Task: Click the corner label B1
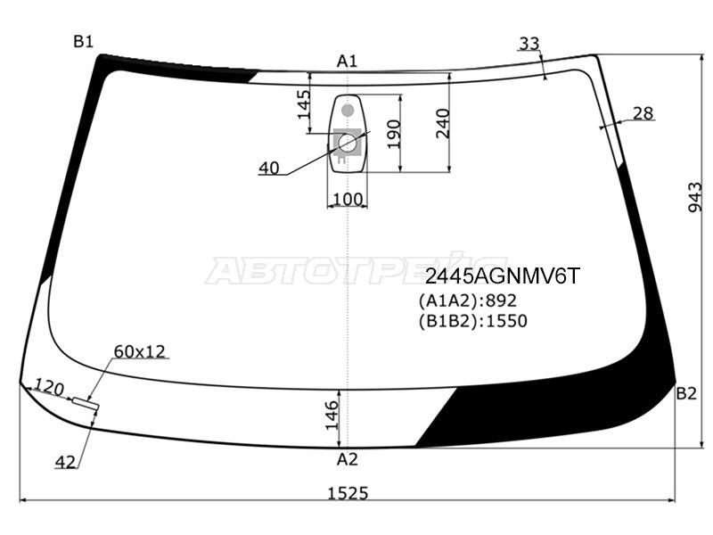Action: click(x=84, y=41)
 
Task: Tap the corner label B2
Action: click(x=685, y=393)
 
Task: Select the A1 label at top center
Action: click(x=347, y=61)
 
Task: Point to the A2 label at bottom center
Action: click(x=347, y=460)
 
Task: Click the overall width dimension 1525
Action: click(x=347, y=492)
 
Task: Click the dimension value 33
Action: click(x=529, y=43)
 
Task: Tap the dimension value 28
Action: click(x=643, y=113)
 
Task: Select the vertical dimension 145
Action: click(x=303, y=105)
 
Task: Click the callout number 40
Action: click(x=269, y=168)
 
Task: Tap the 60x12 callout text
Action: click(x=140, y=351)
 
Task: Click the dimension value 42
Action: click(x=65, y=462)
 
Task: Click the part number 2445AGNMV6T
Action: click(x=501, y=277)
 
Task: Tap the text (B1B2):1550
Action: click(x=472, y=321)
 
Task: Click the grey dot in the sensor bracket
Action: click(x=348, y=111)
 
